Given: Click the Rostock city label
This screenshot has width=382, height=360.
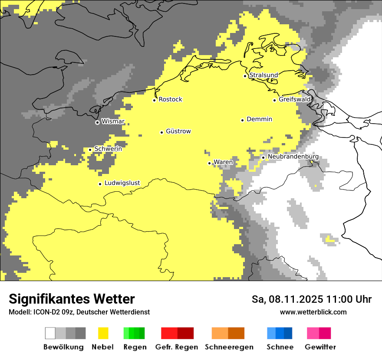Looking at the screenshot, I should [170, 99].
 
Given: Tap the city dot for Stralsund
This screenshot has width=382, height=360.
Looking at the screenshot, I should [245, 76].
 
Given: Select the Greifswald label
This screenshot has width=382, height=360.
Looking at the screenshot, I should [295, 99].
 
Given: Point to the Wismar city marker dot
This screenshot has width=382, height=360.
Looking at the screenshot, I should [97, 122].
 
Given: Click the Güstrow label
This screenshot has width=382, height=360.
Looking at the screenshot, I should [178, 131].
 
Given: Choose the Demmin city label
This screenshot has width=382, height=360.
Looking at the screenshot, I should [259, 119].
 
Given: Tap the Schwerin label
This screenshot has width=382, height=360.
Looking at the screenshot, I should [108, 149].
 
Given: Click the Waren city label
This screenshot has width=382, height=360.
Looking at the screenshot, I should [223, 162].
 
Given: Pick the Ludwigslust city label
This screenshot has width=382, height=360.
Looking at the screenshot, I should [122, 183].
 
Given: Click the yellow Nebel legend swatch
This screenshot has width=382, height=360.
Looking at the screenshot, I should [103, 333].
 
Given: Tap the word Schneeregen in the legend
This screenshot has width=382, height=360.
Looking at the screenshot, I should [229, 347].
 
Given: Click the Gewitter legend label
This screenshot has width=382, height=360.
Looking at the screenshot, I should [320, 347].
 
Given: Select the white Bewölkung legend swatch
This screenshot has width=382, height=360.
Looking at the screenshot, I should [50, 333].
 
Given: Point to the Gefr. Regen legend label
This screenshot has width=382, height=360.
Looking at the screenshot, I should [176, 347].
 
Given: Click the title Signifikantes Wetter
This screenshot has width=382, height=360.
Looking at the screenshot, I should [72, 299].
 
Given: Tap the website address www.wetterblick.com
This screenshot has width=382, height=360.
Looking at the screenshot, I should [313, 312].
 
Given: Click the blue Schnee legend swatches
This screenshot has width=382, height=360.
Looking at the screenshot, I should [279, 333].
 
